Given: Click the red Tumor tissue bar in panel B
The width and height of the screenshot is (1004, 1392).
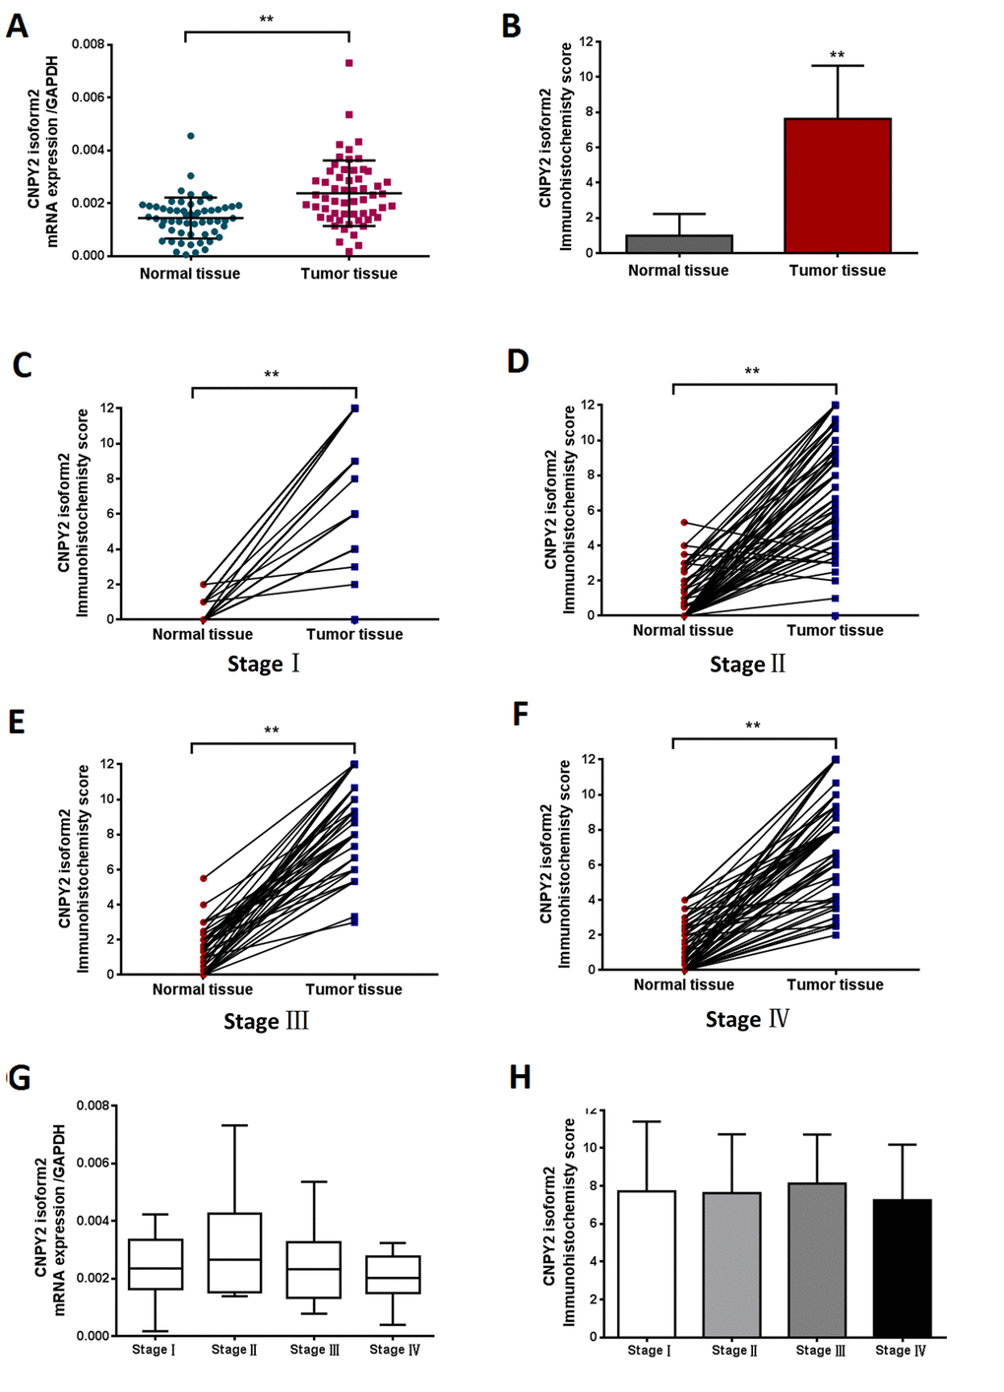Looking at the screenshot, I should (x=838, y=186).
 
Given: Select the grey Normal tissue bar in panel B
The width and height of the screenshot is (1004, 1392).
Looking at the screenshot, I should (x=679, y=244).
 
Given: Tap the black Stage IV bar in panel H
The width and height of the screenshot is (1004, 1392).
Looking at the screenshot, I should (x=902, y=1268).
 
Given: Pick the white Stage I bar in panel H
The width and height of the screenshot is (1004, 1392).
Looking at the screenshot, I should (x=648, y=1264).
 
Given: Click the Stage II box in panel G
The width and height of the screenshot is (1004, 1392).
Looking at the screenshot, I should (x=235, y=1252).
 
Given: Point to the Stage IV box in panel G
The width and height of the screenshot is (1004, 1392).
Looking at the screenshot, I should (x=393, y=1274).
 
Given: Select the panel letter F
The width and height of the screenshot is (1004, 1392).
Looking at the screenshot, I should (x=521, y=714).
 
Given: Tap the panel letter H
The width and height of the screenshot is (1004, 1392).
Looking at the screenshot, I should (x=520, y=1078).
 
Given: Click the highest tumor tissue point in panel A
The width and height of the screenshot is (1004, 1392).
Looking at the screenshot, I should (x=349, y=63).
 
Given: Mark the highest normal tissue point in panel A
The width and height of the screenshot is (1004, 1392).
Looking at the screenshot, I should (x=191, y=136).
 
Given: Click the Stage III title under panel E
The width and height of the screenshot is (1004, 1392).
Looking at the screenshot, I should (x=266, y=1021).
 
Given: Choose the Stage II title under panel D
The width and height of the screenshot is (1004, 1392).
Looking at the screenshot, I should (x=748, y=664).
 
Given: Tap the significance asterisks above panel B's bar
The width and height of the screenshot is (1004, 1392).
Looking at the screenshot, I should (x=838, y=55).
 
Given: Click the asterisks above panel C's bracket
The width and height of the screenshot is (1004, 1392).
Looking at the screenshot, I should (x=272, y=374).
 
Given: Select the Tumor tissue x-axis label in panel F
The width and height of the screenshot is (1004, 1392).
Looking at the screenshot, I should (x=835, y=984).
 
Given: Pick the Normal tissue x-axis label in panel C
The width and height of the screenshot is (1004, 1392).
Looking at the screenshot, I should (x=202, y=634).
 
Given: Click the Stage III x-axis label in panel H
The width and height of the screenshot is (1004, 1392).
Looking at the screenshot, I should (x=821, y=1350).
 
